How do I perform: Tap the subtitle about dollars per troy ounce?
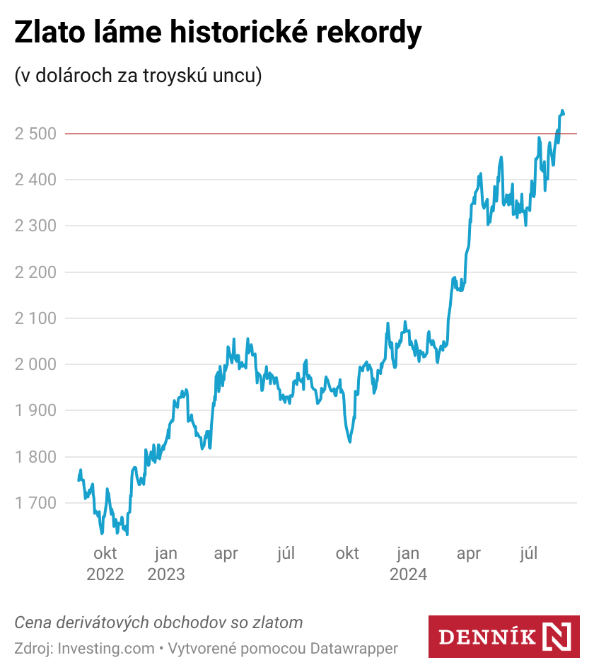click(x=138, y=76)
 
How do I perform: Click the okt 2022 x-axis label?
click(x=105, y=563)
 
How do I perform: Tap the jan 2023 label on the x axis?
click(x=166, y=563)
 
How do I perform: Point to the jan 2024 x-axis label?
click(x=409, y=563)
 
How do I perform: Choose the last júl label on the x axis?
click(x=528, y=553)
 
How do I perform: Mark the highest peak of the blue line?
click(x=562, y=110)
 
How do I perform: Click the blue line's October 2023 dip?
click(x=349, y=442)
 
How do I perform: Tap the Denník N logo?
click(x=503, y=636)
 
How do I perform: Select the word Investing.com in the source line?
click(x=105, y=648)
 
